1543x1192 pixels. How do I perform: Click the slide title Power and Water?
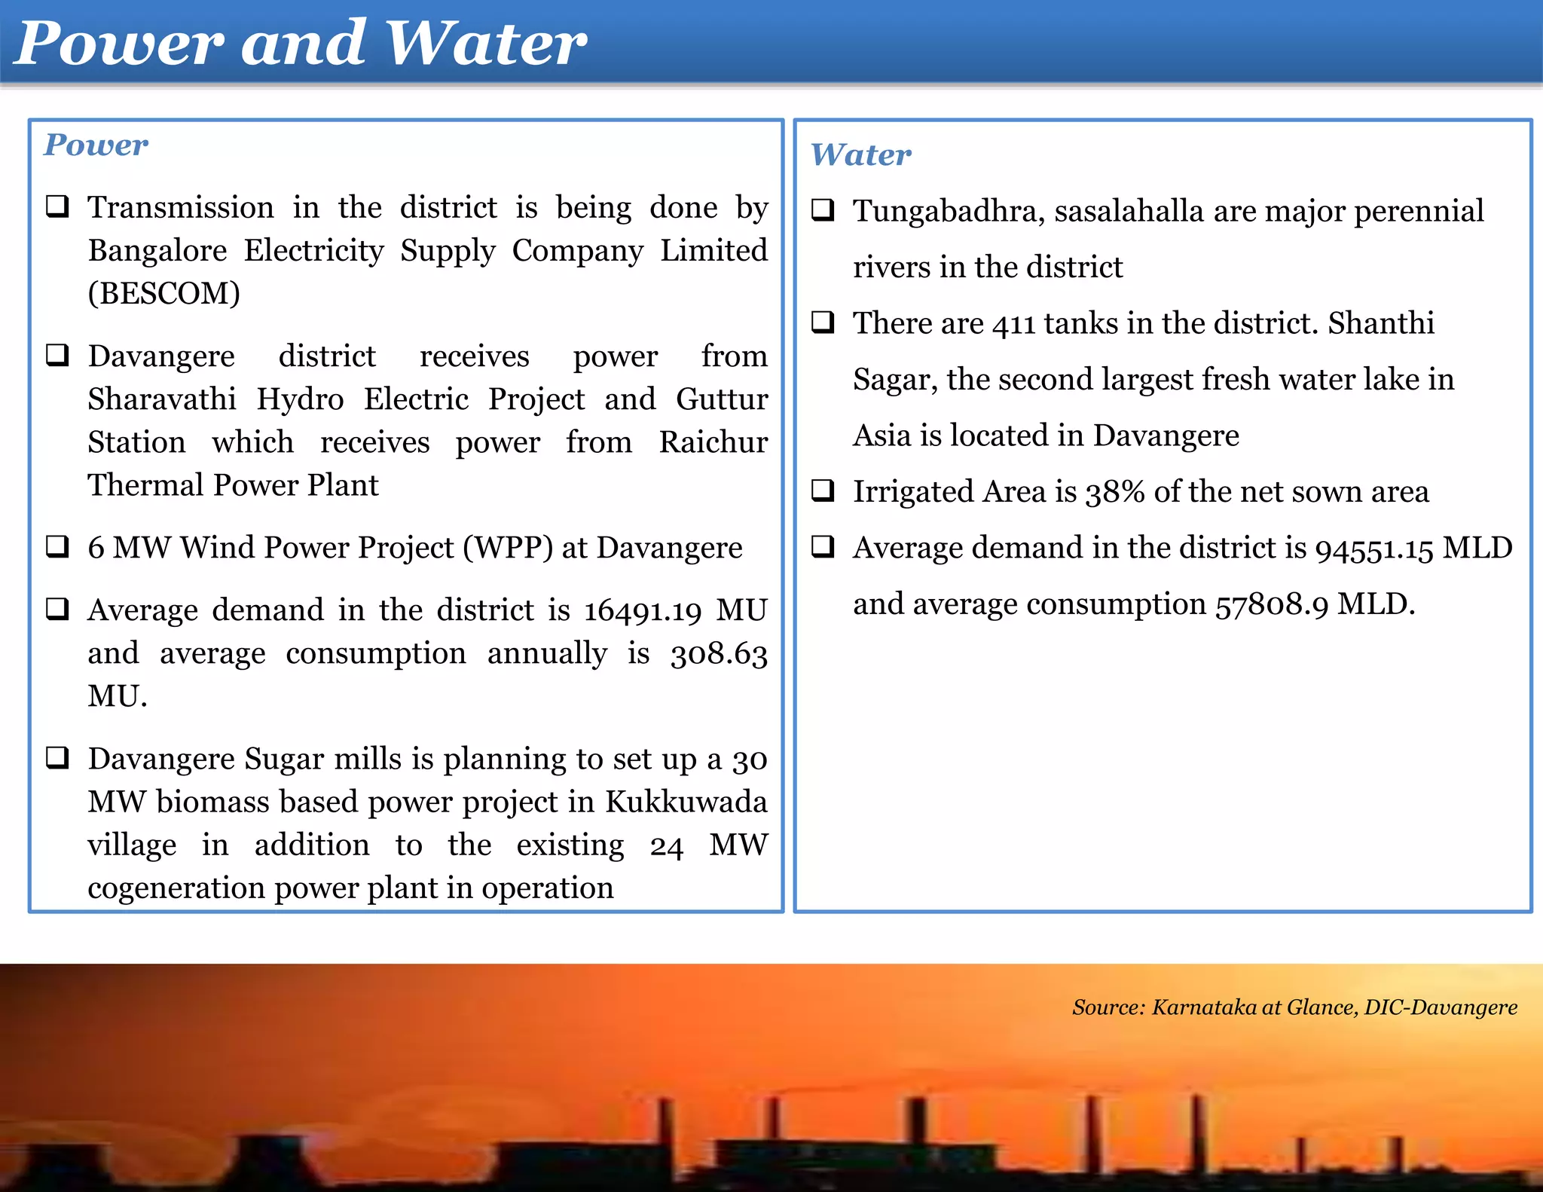pos(300,43)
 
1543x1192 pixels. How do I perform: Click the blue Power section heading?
pos(96,145)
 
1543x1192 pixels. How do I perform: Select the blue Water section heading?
pos(860,154)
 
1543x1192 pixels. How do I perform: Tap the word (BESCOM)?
pos(163,293)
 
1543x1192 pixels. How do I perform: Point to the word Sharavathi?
pos(162,399)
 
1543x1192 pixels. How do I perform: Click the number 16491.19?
pos(643,610)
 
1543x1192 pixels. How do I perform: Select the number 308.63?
pos(719,653)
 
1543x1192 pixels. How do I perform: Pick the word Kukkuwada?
pos(686,802)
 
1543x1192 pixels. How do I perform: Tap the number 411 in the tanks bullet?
pos(1013,324)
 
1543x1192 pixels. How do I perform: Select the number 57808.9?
pos(1271,604)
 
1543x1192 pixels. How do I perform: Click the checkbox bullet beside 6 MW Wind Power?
pos(58,546)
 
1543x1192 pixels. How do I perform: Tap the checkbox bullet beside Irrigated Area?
pos(823,491)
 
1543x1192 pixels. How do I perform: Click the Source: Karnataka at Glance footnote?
pos(1294,1007)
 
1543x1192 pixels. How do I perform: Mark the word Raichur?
pos(713,442)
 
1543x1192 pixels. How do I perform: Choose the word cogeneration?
pos(176,888)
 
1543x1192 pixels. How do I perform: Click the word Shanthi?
pos(1380,323)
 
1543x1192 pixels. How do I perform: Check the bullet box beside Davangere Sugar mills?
pos(58,757)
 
